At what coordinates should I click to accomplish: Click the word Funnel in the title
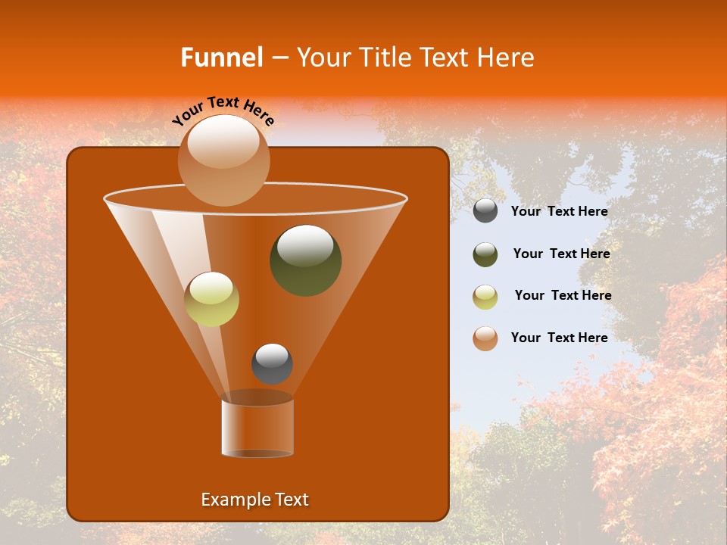(221, 58)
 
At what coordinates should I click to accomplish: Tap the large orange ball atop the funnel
(223, 160)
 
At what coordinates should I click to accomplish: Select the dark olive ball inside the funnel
(305, 260)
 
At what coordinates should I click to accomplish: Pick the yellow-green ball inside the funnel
(211, 299)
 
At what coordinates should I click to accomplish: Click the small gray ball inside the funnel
(272, 364)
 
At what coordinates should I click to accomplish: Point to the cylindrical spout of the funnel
(257, 427)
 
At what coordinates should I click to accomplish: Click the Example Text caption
(254, 500)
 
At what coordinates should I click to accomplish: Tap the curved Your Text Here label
(223, 110)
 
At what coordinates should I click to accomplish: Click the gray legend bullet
(485, 211)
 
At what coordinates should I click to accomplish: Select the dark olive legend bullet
(485, 254)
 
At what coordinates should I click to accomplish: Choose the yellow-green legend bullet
(485, 297)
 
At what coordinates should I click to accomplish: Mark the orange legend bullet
(485, 338)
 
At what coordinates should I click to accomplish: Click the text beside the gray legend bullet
(559, 212)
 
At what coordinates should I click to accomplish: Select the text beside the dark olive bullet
(561, 254)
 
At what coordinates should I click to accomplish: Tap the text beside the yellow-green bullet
(563, 295)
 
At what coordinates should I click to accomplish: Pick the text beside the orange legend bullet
(559, 338)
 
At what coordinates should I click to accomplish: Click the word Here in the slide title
(506, 58)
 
